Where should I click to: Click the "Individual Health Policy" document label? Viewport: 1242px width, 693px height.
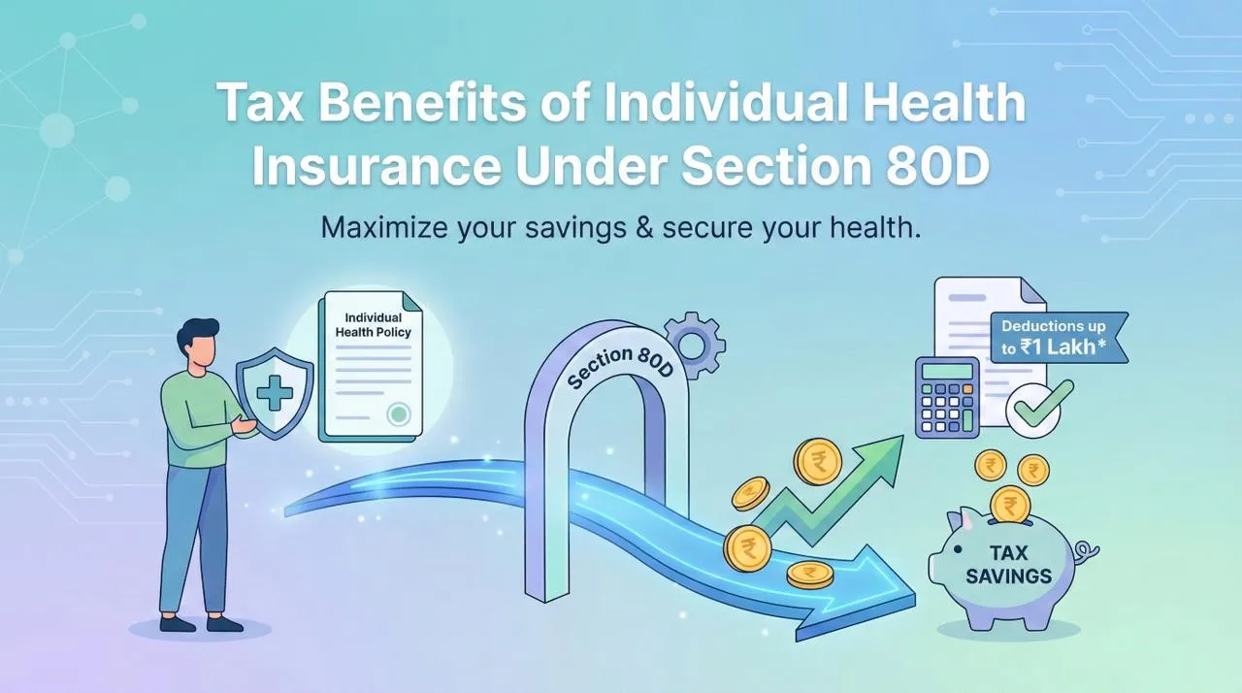click(x=373, y=325)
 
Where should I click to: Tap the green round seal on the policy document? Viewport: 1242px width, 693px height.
click(x=397, y=415)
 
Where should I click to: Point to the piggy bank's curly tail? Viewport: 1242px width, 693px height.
click(x=1088, y=552)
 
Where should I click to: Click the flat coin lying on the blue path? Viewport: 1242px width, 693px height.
click(x=810, y=574)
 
